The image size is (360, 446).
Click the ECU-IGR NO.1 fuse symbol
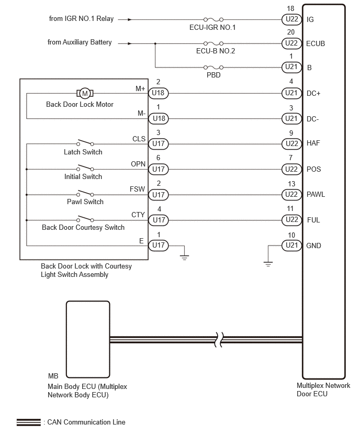point(213,19)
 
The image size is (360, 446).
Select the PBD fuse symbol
point(213,68)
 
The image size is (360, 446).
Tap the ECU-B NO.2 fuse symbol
point(213,43)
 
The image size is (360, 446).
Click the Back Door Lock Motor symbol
point(85,93)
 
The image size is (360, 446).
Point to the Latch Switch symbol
point(85,142)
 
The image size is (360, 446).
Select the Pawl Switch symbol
point(85,193)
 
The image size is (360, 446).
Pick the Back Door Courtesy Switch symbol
point(85,218)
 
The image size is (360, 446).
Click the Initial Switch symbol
point(85,168)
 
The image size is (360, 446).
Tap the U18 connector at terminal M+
point(159,93)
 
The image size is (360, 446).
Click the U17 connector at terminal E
point(159,245)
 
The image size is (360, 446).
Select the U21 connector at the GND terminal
point(291,245)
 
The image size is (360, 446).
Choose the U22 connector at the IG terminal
point(291,19)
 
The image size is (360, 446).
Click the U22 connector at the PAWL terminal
point(291,195)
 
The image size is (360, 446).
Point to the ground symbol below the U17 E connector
point(184,258)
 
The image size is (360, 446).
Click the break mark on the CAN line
point(218,339)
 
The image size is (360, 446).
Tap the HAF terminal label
point(313,143)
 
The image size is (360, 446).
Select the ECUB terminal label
point(316,43)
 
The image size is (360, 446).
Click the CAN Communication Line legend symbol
point(28,422)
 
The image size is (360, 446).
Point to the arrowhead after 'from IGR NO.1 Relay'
point(130,19)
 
